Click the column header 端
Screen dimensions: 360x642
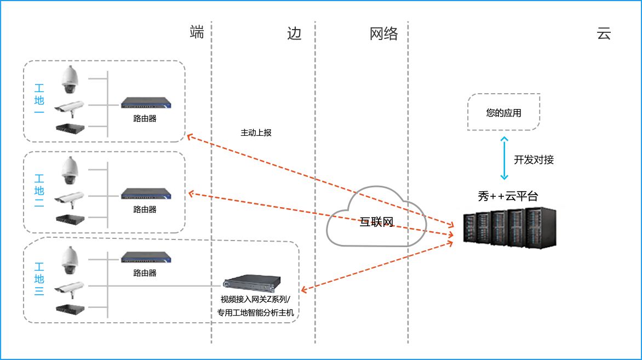click(197, 32)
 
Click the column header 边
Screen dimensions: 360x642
click(295, 34)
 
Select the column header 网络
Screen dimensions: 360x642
click(383, 34)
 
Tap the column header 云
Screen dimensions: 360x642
click(603, 34)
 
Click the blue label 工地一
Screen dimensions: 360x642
click(39, 99)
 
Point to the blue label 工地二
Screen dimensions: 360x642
click(39, 190)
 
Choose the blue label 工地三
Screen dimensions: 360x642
click(39, 279)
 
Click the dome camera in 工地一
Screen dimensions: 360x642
click(70, 81)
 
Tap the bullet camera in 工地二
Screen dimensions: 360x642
click(69, 199)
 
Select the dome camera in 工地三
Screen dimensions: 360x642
click(70, 261)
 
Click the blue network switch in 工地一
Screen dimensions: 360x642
click(146, 103)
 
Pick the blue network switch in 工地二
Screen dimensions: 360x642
click(146, 194)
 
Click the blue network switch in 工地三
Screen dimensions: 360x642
click(146, 258)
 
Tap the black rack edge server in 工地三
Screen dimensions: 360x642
click(252, 283)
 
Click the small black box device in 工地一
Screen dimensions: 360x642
click(70, 129)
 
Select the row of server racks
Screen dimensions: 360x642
click(509, 228)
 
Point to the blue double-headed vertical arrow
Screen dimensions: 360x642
click(505, 158)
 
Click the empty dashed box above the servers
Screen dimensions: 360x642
click(504, 112)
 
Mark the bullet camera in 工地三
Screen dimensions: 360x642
click(69, 289)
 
